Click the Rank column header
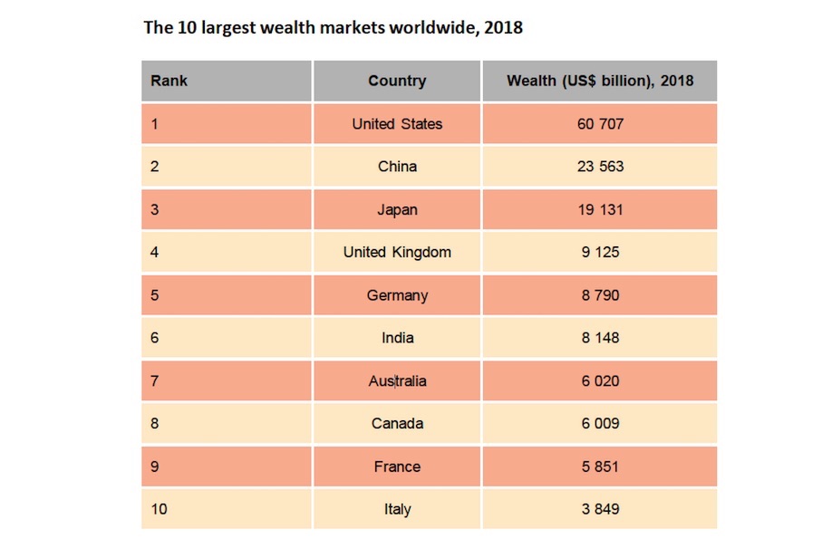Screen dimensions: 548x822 point(169,81)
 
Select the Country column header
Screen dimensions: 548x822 point(397,81)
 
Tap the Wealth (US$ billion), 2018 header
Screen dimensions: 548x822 point(600,81)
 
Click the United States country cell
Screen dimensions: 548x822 point(397,124)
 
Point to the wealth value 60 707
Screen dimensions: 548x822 point(600,124)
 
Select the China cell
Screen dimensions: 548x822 point(397,167)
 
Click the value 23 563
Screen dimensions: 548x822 point(600,167)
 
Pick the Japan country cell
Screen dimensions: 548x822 point(397,209)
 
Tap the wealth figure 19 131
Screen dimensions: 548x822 point(600,209)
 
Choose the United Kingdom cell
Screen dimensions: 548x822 point(397,252)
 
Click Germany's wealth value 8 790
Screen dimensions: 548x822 point(600,295)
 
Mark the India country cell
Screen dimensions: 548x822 point(397,338)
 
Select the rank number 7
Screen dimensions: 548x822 point(155,380)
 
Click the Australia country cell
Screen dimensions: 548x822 point(397,380)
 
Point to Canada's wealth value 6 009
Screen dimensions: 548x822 point(600,423)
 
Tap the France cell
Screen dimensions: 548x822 point(397,466)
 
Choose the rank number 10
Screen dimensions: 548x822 point(160,509)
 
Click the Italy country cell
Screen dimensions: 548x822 point(397,509)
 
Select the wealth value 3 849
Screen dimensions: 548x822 point(600,509)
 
